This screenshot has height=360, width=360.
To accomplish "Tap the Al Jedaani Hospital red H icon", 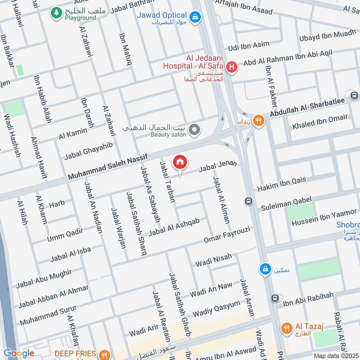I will tap(232, 67).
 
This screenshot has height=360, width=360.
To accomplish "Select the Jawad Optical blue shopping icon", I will tap(195, 18).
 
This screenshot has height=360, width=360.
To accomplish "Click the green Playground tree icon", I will tap(56, 13).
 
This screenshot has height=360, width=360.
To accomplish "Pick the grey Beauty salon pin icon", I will tap(194, 130).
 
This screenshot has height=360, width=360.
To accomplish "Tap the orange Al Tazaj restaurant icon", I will tap(285, 328).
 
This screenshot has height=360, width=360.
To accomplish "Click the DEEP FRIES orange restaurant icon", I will tap(104, 355).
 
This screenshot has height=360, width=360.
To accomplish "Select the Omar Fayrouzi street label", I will tap(226, 234).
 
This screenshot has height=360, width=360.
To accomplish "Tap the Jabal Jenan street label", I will tap(218, 167).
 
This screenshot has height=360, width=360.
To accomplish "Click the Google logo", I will tap(18, 353).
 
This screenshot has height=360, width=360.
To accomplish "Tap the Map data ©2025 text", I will tap(335, 355).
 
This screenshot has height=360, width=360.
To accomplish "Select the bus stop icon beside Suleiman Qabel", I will tap(248, 201).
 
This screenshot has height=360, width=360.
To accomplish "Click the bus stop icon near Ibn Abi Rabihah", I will tap(275, 298).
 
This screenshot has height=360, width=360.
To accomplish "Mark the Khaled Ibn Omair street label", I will tap(320, 122).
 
